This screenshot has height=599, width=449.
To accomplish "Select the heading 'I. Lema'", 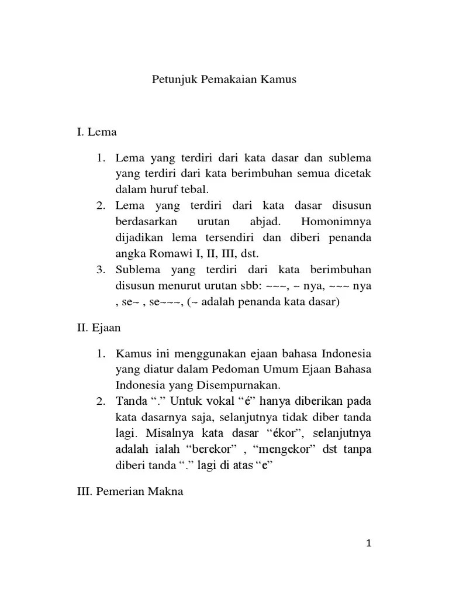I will click(96, 132).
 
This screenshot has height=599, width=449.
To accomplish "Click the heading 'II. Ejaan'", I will click(99, 328).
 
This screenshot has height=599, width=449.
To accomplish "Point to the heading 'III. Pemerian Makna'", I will click(130, 491).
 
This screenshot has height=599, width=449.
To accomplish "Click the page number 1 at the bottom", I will click(369, 543).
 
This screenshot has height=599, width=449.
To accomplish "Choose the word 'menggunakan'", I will click(202, 354).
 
